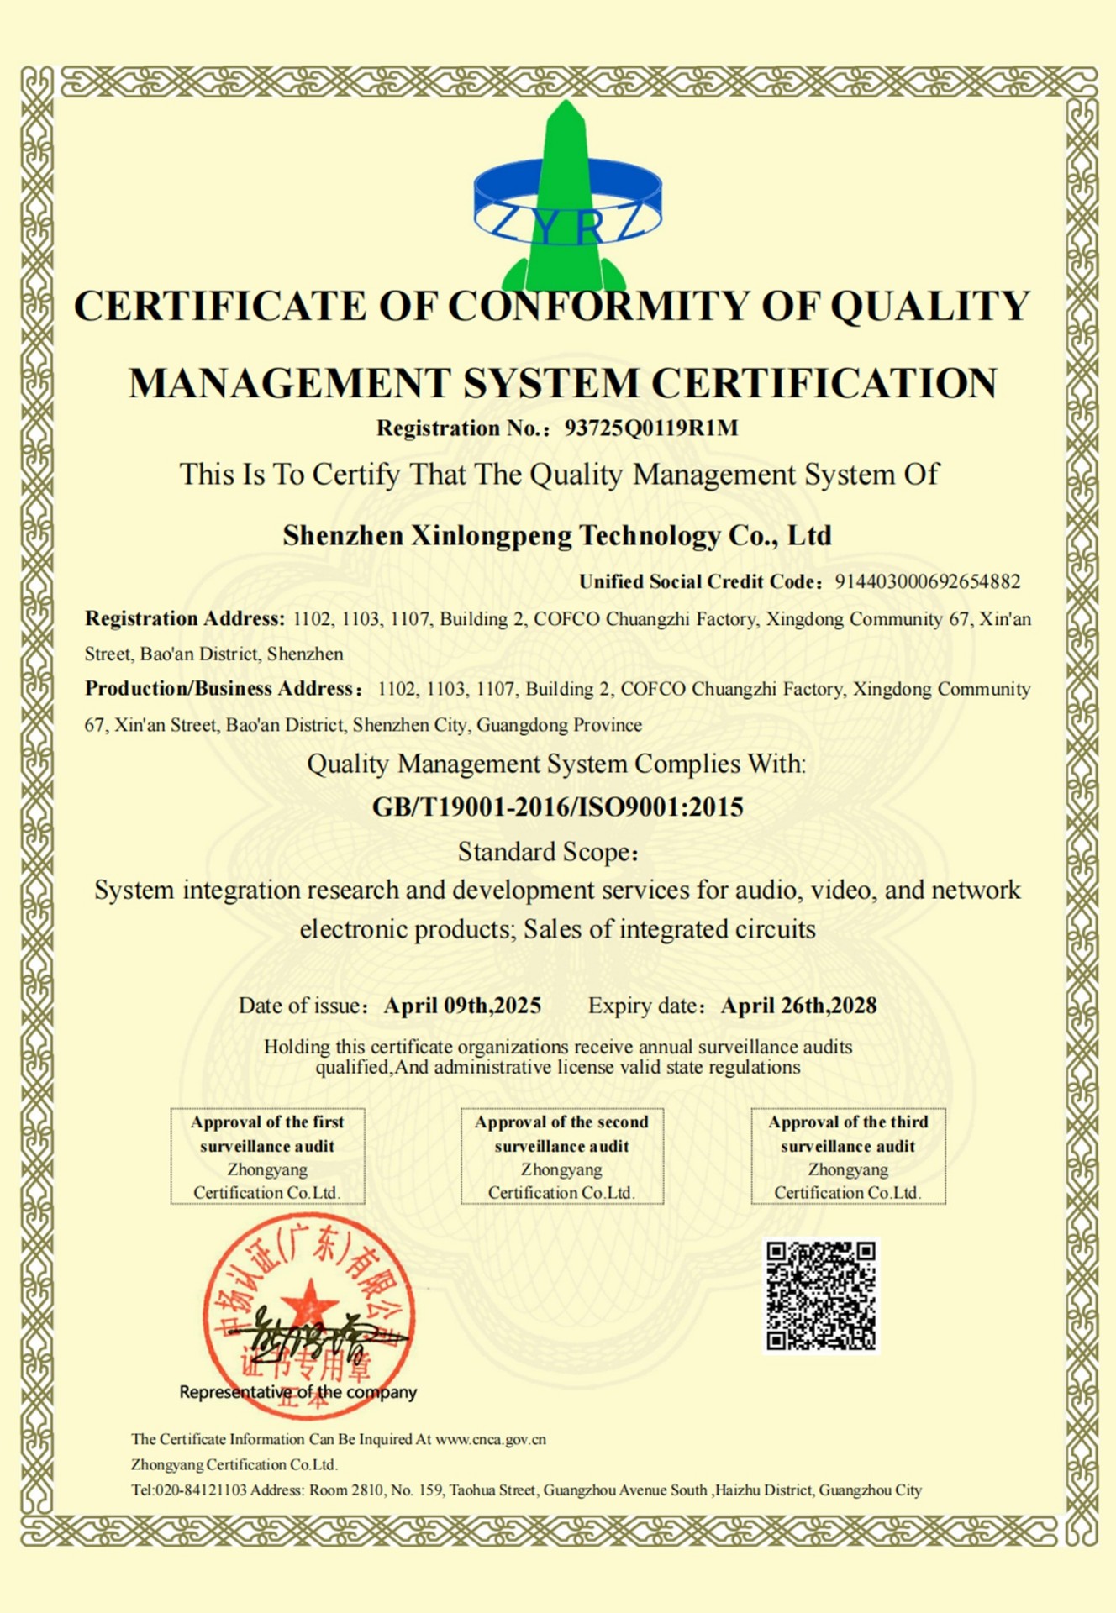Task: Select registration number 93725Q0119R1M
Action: [651, 428]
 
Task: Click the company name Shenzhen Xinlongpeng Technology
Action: [557, 535]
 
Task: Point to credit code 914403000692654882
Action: [927, 581]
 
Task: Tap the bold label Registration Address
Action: [185, 619]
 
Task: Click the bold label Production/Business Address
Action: [221, 689]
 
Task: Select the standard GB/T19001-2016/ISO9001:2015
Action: [557, 807]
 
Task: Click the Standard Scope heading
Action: [547, 852]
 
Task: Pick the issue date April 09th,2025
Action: [462, 1006]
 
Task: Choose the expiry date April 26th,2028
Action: [798, 1006]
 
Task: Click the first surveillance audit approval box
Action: [267, 1156]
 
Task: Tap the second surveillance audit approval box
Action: [561, 1156]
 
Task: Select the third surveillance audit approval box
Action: [848, 1156]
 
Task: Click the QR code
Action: [821, 1296]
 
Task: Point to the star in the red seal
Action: [309, 1304]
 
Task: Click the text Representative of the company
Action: [298, 1392]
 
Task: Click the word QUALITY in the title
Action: [930, 306]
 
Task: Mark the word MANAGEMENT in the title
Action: [290, 383]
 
